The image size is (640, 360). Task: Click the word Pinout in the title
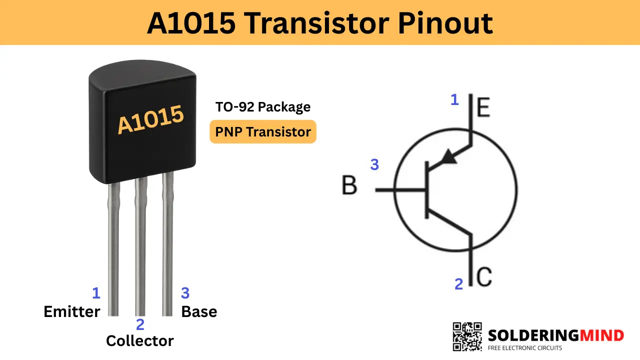point(445,23)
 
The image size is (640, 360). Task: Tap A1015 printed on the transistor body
point(150,119)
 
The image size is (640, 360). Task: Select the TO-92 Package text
point(263,107)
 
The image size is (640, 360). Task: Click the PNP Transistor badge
point(263,131)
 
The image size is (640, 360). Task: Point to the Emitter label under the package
point(71,311)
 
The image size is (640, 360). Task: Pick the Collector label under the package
point(139,341)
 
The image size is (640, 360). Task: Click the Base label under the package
point(199,311)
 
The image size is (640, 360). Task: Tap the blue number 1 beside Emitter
point(96,293)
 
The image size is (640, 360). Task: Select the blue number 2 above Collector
point(140,324)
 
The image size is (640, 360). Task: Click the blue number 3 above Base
point(185,293)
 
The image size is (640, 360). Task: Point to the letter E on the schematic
point(483,107)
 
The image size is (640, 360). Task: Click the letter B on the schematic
point(349,185)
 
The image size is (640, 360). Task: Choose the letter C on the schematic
point(484,277)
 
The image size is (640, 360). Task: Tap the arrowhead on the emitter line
point(449,157)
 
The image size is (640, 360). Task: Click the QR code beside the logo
point(467,336)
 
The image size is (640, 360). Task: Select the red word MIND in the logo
point(601,335)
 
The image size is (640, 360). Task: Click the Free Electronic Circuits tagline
point(525,348)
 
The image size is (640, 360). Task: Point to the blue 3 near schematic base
point(374,164)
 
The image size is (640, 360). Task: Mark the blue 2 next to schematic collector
point(459,284)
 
